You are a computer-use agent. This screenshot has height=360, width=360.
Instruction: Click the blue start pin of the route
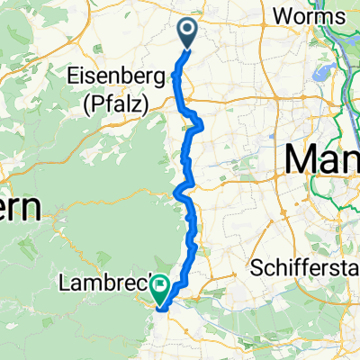click(x=189, y=34)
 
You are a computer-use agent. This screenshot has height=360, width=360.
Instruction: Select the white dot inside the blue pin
click(x=189, y=31)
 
